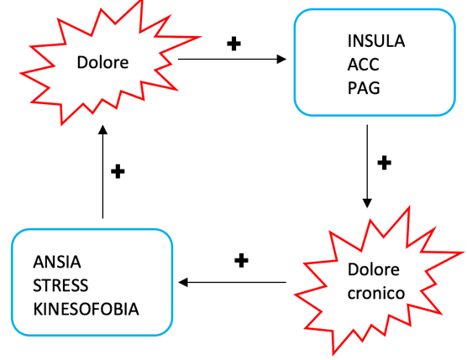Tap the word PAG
pyautogui.click(x=361, y=86)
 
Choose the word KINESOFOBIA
pyautogui.click(x=87, y=308)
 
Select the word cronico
pyautogui.click(x=379, y=294)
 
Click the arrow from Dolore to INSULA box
pyautogui.click(x=232, y=60)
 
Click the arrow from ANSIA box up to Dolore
pyautogui.click(x=102, y=172)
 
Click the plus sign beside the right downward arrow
pyautogui.click(x=384, y=162)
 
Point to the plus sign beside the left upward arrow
pyautogui.click(x=118, y=171)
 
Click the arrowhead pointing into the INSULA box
pyautogui.click(x=281, y=60)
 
